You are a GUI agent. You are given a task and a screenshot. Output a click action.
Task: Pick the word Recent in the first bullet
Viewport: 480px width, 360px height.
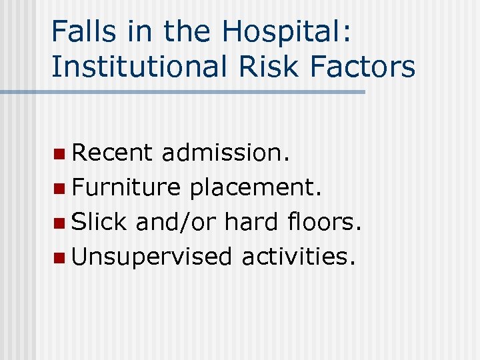[x=112, y=153]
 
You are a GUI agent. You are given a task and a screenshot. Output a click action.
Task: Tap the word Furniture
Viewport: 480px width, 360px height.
[x=126, y=187]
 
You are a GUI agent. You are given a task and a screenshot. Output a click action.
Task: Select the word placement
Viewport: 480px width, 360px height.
[x=256, y=187]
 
